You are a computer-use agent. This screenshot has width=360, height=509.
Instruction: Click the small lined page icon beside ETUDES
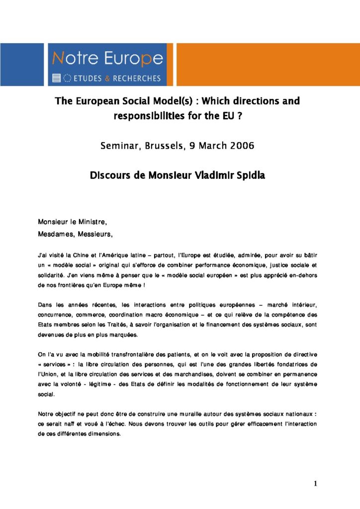pyautogui.click(x=56, y=78)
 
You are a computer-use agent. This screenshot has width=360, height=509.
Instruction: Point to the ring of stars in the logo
pyautogui.click(x=67, y=78)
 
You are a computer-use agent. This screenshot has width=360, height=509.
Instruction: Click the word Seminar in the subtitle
pyautogui.click(x=119, y=146)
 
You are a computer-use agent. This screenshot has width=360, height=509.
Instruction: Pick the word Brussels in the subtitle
pyautogui.click(x=163, y=146)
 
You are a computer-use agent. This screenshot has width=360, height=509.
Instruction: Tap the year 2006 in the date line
pyautogui.click(x=241, y=146)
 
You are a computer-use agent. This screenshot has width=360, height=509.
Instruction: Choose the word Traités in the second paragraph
pyautogui.click(x=130, y=325)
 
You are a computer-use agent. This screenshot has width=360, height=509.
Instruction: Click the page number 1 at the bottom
pyautogui.click(x=315, y=484)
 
